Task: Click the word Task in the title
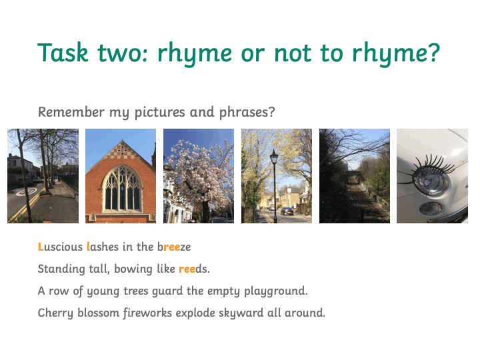(63, 53)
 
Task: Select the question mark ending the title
(433, 53)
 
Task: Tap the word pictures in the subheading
(159, 113)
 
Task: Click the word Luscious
(60, 247)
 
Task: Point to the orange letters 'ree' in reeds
(187, 269)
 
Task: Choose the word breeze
(174, 247)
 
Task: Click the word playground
(276, 291)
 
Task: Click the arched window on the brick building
(122, 189)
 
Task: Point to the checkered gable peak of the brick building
(121, 151)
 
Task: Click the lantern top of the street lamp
(274, 157)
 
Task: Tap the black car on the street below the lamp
(287, 211)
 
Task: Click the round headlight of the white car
(431, 182)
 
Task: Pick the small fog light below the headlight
(431, 209)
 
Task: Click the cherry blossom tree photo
(199, 176)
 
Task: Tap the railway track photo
(355, 176)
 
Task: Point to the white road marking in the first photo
(26, 191)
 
